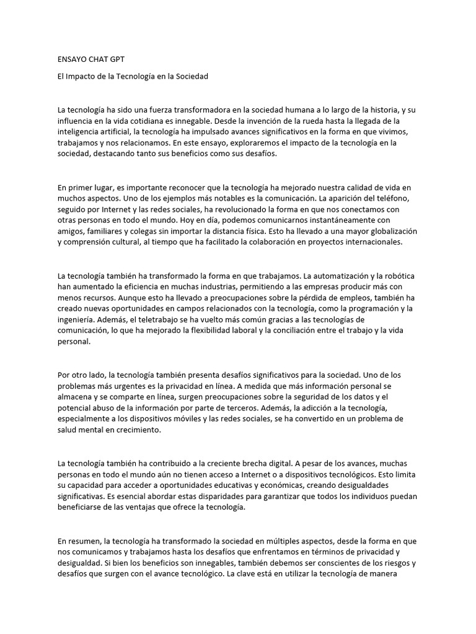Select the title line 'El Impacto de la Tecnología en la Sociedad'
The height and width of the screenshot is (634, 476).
(133, 77)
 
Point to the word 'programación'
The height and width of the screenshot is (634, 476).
(363, 308)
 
